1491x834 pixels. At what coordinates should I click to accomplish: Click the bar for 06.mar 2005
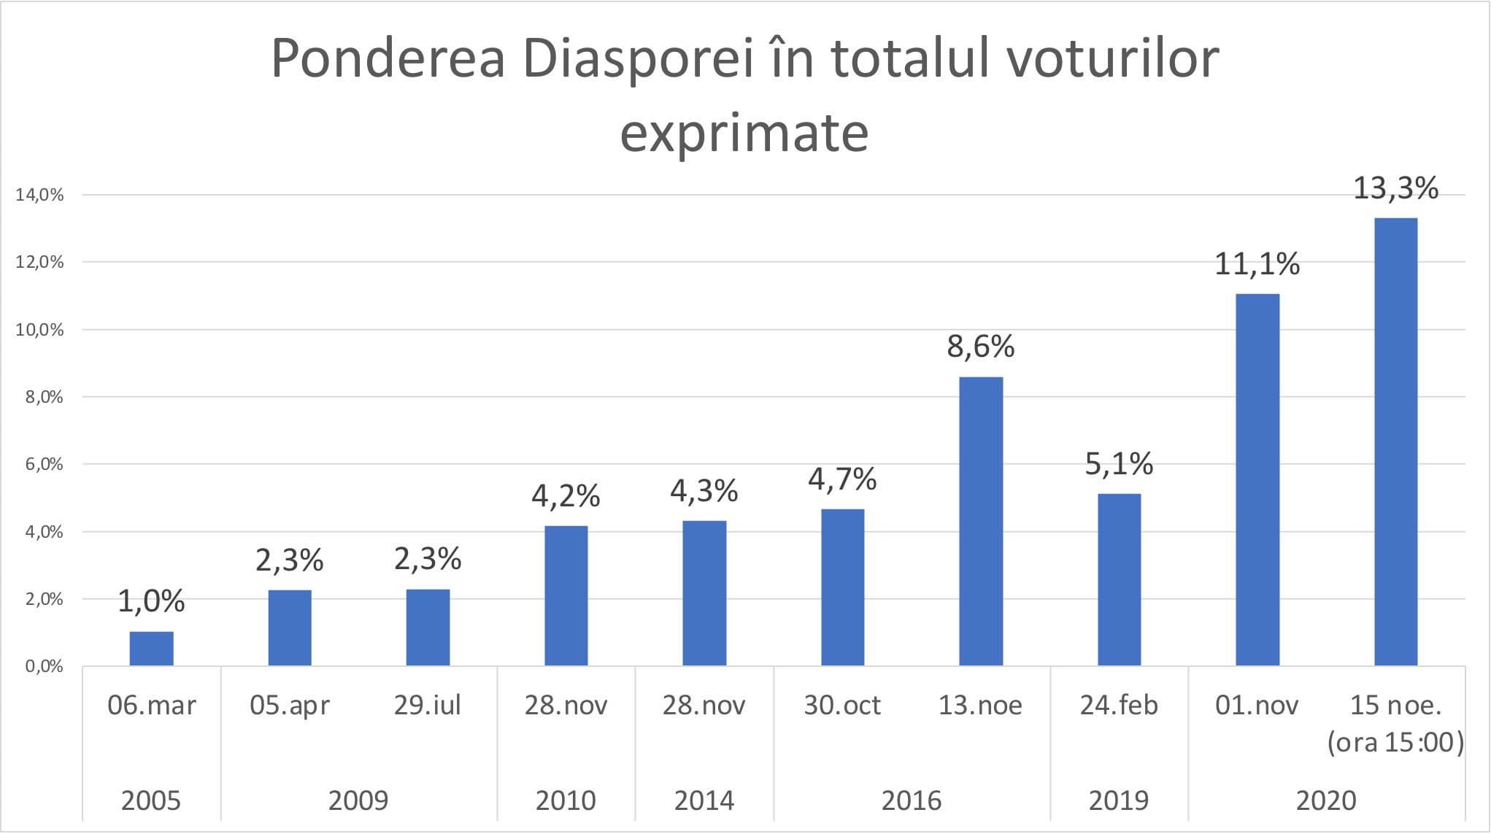[x=152, y=648]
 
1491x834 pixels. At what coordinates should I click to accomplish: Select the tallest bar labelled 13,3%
[x=1395, y=441]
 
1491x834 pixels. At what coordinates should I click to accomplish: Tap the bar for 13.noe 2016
[x=981, y=521]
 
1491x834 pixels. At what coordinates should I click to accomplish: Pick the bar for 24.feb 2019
[x=1119, y=579]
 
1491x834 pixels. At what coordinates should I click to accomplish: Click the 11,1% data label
[x=1257, y=264]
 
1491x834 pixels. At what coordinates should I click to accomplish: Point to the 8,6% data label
[x=980, y=347]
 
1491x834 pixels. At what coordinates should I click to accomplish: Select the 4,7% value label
[x=842, y=479]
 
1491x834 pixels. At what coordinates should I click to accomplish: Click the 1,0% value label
[x=151, y=601]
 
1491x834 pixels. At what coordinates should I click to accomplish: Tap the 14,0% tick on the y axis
[x=39, y=195]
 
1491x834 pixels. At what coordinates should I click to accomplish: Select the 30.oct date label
[x=842, y=706]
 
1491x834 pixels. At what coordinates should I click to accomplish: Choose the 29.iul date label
[x=428, y=706]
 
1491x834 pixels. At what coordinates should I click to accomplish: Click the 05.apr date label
[x=290, y=706]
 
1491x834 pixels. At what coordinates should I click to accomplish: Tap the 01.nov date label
[x=1257, y=706]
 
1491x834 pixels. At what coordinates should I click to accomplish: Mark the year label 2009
[x=358, y=800]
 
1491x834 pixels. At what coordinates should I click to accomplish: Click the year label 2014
[x=704, y=800]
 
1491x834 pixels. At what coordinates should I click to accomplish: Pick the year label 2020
[x=1326, y=800]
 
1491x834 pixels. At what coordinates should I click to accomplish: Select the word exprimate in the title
[x=744, y=133]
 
